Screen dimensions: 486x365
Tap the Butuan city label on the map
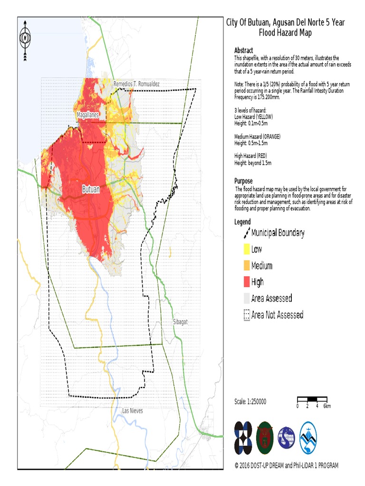point(91,189)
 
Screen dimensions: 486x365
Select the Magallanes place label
point(88,115)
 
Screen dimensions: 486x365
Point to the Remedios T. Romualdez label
point(137,84)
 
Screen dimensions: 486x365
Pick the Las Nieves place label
point(133,411)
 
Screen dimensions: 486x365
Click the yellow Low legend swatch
point(246,249)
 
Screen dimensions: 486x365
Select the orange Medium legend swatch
point(246,266)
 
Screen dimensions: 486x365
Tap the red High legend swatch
point(246,282)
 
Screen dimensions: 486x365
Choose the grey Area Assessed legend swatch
point(246,299)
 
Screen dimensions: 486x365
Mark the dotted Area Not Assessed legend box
point(246,315)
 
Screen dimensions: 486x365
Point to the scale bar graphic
point(312,399)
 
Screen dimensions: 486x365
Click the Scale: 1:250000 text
point(250,402)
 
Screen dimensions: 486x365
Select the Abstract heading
point(243,50)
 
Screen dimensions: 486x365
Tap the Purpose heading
point(243,181)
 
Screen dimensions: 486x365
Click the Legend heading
point(242,222)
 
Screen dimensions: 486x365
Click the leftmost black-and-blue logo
point(243,438)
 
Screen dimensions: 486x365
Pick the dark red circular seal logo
point(266,438)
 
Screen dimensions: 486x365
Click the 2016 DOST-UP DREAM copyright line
point(287,466)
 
